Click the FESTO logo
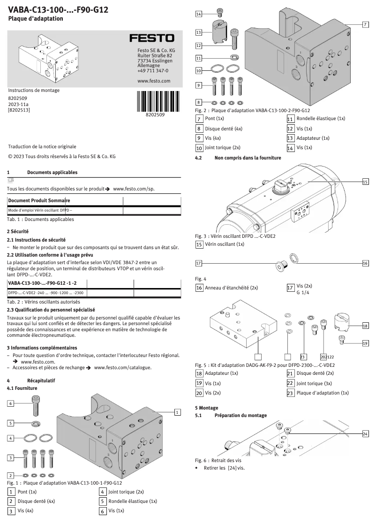[x=151, y=38]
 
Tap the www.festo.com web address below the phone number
[x=153, y=81]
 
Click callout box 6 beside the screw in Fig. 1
[x=10, y=403]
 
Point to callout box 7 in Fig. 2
[x=365, y=24]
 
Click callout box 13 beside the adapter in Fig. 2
[x=199, y=32]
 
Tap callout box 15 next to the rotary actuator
[x=365, y=182]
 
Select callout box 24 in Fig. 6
[x=365, y=433]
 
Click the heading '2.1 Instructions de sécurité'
[x=36, y=239]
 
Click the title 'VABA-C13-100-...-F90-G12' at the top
[x=58, y=9]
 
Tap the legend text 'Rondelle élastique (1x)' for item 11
[x=320, y=119]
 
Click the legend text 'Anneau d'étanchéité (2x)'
[x=232, y=288]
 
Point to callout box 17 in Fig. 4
[x=199, y=263]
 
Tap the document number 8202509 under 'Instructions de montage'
[x=18, y=99]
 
